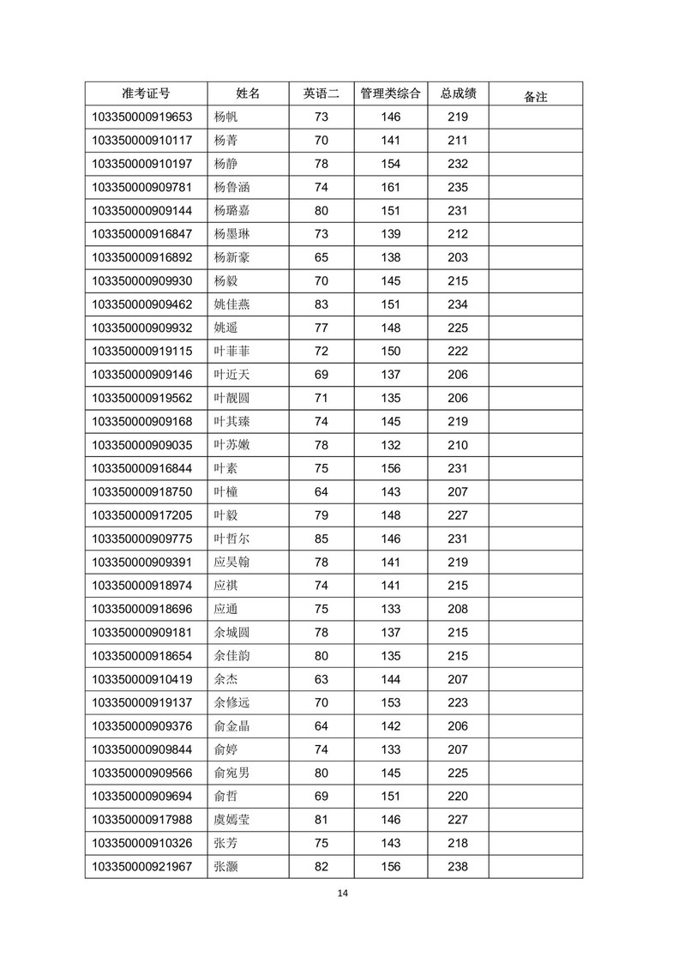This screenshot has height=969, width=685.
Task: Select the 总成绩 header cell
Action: [x=458, y=93]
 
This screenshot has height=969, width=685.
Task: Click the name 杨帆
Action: [x=225, y=117]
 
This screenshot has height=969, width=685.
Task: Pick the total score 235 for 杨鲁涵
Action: [x=458, y=187]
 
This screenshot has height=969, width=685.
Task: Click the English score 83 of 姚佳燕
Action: [x=321, y=304]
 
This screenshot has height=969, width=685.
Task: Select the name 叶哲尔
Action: [x=232, y=539]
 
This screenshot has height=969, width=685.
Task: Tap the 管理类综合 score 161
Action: [x=390, y=187]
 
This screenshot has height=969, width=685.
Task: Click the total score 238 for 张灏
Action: [x=458, y=866]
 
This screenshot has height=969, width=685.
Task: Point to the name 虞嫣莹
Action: [x=232, y=820]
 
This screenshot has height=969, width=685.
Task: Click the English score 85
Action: [x=321, y=539]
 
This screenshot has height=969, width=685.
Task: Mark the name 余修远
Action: [x=232, y=702]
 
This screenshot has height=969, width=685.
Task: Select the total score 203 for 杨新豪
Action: [x=458, y=257]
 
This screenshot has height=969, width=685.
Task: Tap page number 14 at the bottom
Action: [x=342, y=894]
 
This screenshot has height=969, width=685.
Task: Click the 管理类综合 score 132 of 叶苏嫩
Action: [x=390, y=445]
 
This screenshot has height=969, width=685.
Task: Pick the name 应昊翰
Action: [x=232, y=562]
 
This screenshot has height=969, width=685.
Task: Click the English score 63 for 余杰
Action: [x=321, y=679]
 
